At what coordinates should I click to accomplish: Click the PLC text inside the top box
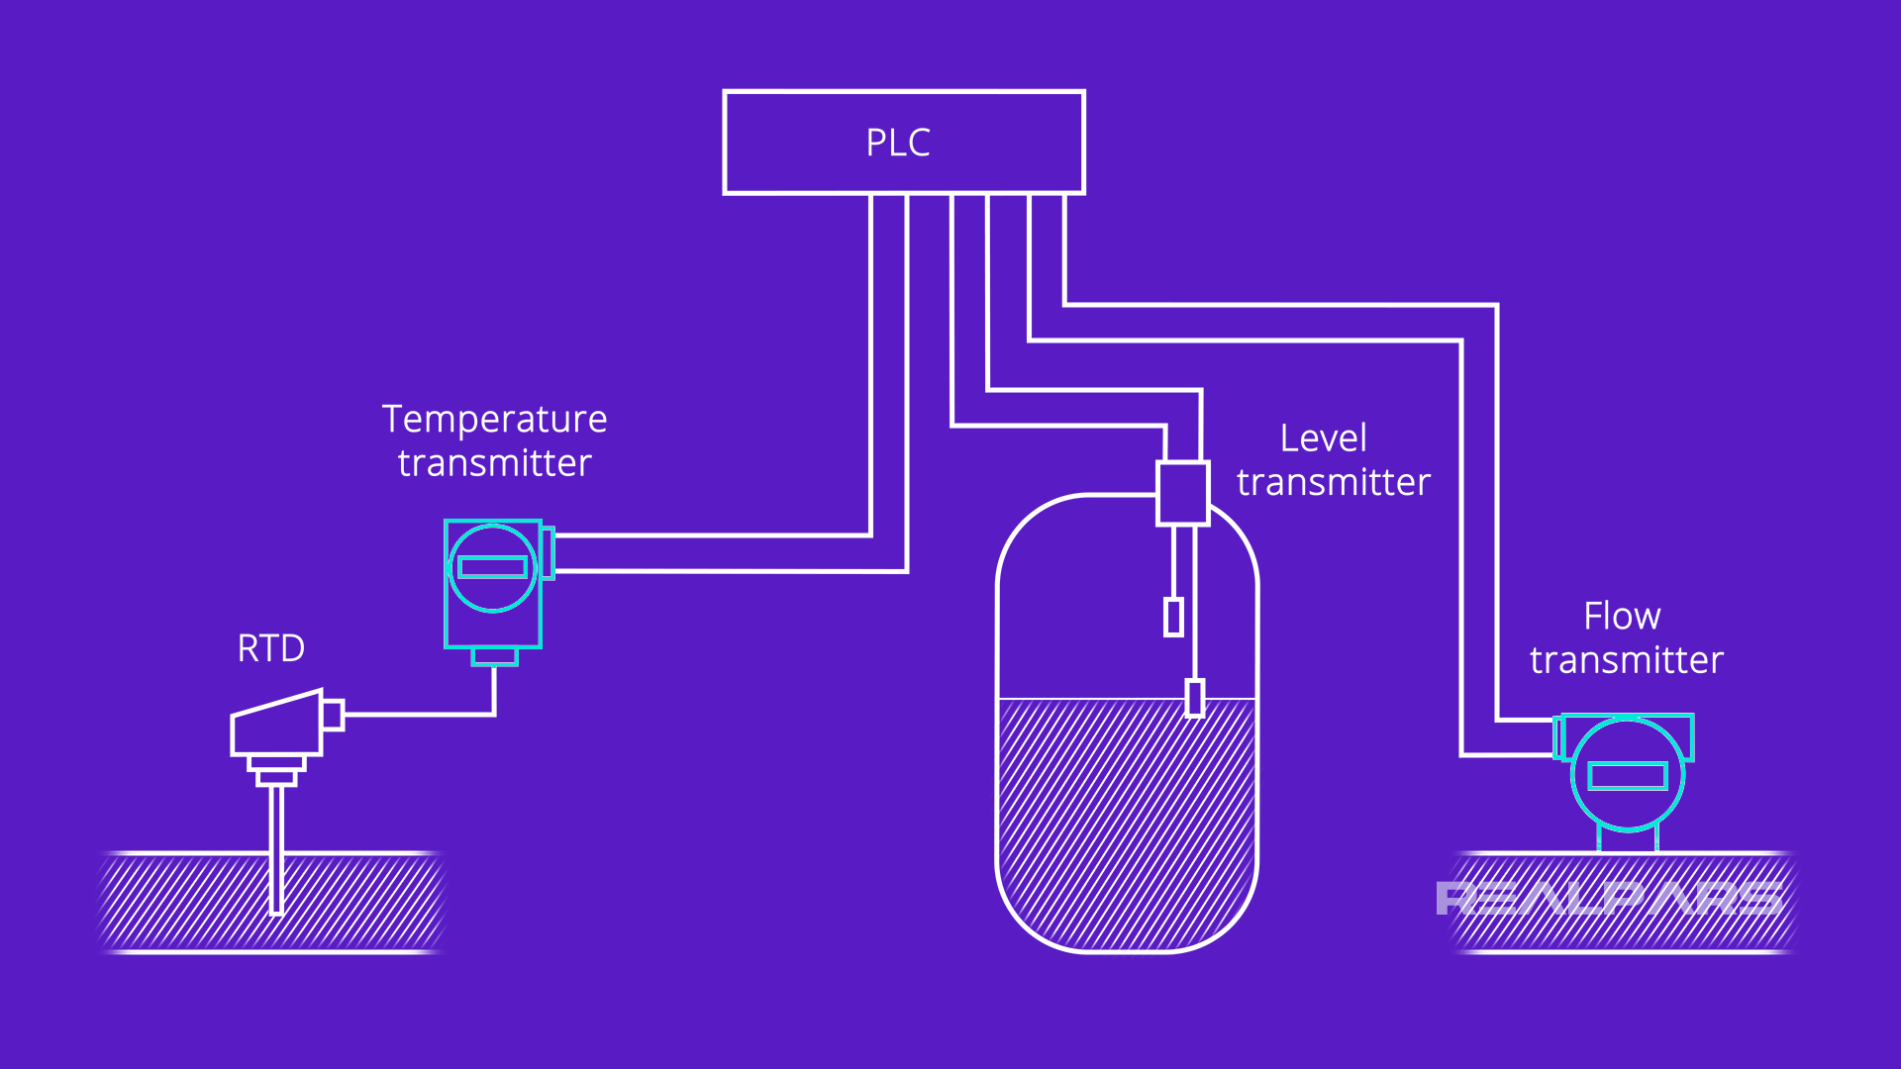(898, 143)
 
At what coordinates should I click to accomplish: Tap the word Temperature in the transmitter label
(494, 419)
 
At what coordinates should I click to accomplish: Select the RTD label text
(270, 648)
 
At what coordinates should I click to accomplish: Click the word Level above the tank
(1323, 438)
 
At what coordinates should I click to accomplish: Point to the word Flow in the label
(1621, 617)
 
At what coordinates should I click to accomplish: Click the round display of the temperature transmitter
(492, 568)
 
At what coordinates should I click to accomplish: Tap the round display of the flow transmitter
(1627, 775)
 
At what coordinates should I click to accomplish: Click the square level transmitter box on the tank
(1182, 493)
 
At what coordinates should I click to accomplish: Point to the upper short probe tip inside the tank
(1173, 617)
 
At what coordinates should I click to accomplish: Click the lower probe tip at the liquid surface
(1195, 698)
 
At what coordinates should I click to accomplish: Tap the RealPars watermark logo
(1608, 899)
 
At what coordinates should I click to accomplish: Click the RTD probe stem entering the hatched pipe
(277, 851)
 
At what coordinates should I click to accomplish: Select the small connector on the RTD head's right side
(333, 715)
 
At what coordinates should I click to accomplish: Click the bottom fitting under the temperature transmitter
(494, 656)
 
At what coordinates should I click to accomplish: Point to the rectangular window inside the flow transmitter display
(1627, 776)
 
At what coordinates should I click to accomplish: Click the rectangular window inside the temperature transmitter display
(492, 567)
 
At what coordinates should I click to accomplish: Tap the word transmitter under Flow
(1626, 660)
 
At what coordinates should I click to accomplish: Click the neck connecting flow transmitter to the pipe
(1627, 840)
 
